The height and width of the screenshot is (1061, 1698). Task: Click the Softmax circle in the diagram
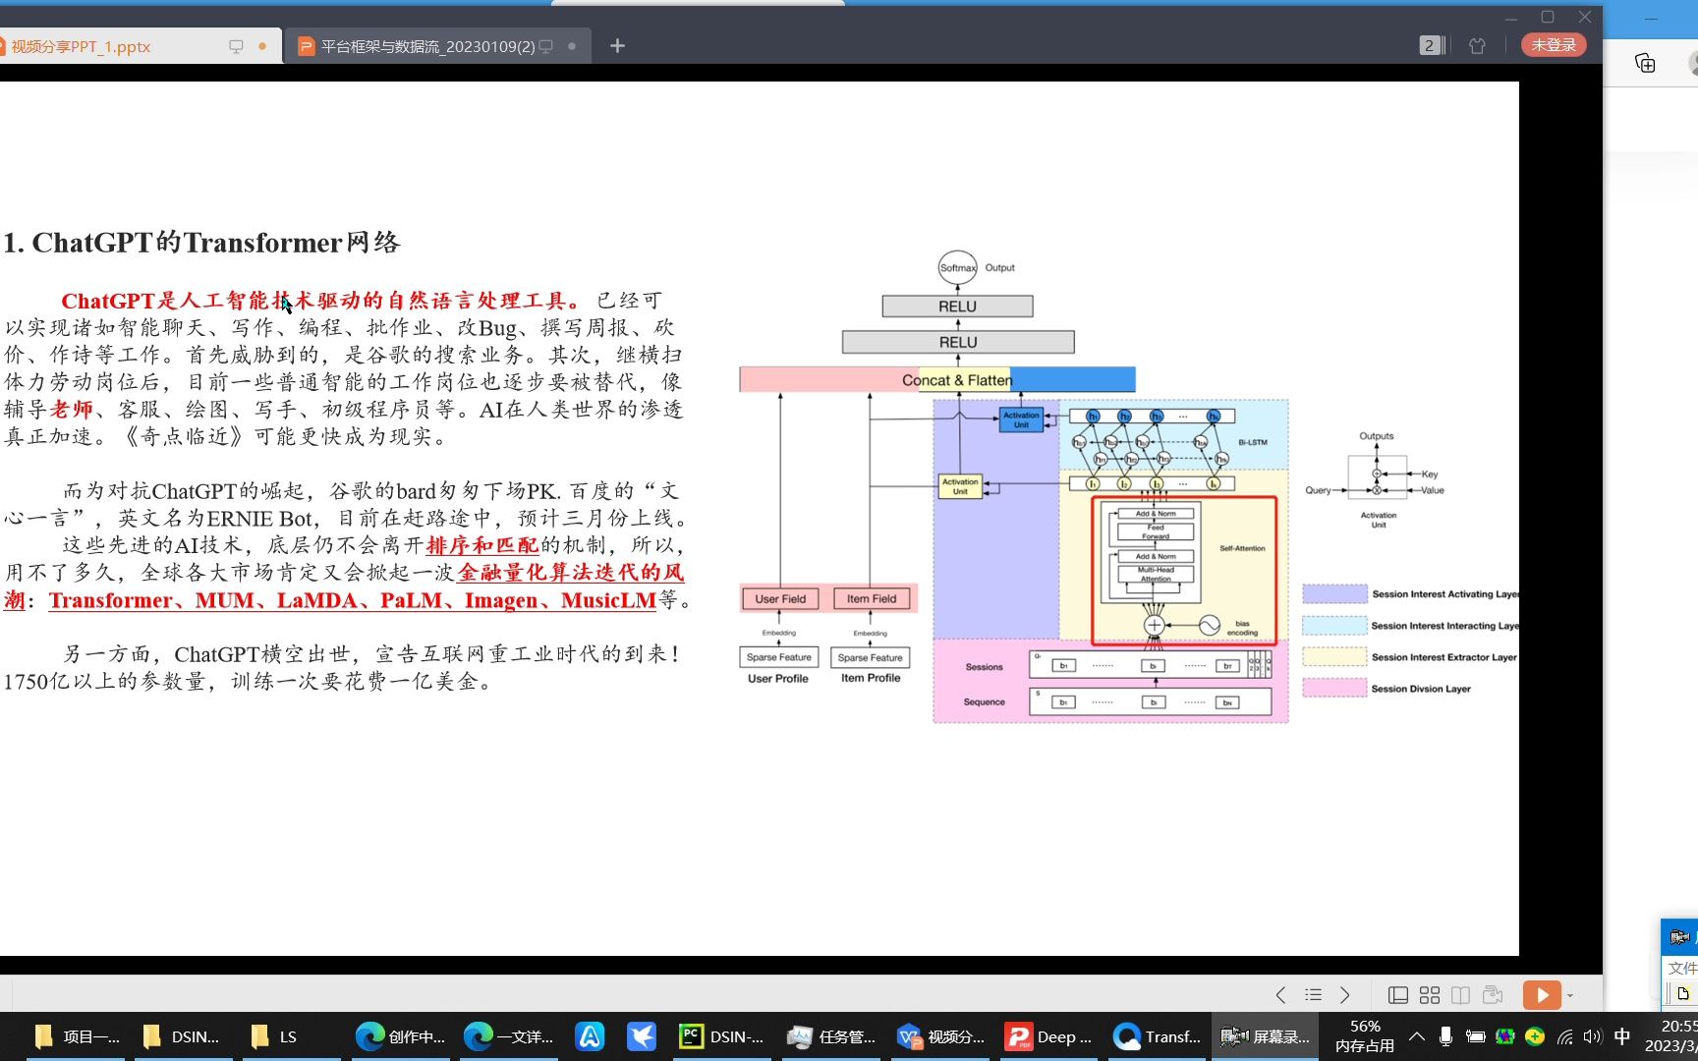pyautogui.click(x=957, y=267)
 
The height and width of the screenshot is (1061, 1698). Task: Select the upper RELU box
pyautogui.click(x=957, y=307)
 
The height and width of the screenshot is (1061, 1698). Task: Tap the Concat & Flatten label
pyautogui.click(x=956, y=380)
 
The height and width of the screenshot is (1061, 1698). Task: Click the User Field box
pyautogui.click(x=780, y=598)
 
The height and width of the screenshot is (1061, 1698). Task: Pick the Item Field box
pyautogui.click(x=872, y=598)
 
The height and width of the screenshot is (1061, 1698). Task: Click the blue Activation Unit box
pyautogui.click(x=1021, y=420)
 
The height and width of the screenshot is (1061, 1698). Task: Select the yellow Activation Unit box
pyautogui.click(x=960, y=486)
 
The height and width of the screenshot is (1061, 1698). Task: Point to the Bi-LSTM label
pyautogui.click(x=1252, y=443)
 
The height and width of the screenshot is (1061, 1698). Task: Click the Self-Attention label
pyautogui.click(x=1242, y=548)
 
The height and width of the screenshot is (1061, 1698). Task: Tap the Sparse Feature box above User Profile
pyautogui.click(x=778, y=657)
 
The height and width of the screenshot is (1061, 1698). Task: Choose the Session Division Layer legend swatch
pyautogui.click(x=1333, y=689)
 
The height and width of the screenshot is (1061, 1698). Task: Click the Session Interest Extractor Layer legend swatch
pyautogui.click(x=1333, y=657)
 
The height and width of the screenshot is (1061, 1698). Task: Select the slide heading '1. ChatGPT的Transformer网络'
pyautogui.click(x=201, y=243)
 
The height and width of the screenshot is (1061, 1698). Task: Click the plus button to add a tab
pyautogui.click(x=617, y=46)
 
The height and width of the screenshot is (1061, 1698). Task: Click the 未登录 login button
pyautogui.click(x=1553, y=45)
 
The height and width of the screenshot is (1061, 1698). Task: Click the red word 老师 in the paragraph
pyautogui.click(x=71, y=410)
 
